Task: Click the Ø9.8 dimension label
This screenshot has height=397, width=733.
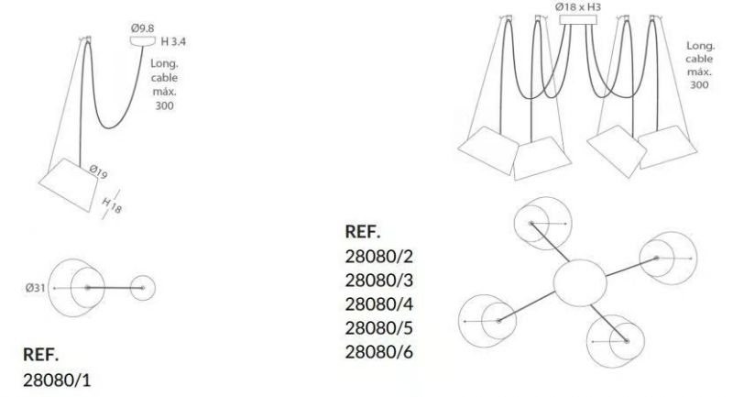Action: (x=143, y=28)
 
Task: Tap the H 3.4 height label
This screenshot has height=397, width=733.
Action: (x=173, y=41)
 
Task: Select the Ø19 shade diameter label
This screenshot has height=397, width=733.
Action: (x=98, y=171)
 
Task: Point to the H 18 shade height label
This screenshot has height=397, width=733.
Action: (x=112, y=205)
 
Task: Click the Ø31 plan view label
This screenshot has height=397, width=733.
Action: (x=36, y=288)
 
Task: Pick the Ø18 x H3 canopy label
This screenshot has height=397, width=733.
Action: (x=578, y=7)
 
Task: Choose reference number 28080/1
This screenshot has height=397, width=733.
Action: (x=57, y=380)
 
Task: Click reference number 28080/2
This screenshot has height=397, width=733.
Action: (x=379, y=256)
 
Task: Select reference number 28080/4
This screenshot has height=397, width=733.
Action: (x=379, y=304)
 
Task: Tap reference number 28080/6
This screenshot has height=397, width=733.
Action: (x=379, y=352)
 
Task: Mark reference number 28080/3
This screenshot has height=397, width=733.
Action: (x=379, y=280)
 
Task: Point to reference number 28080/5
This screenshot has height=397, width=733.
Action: (x=379, y=328)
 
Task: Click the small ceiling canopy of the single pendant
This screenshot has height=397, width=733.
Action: (x=143, y=41)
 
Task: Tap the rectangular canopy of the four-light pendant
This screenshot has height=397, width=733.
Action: (x=578, y=19)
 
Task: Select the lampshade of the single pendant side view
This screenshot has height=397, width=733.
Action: (x=68, y=184)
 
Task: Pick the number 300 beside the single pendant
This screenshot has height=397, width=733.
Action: (x=165, y=105)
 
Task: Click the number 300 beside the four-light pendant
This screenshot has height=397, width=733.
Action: (x=699, y=84)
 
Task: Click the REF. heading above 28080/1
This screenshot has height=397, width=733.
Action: (x=41, y=355)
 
